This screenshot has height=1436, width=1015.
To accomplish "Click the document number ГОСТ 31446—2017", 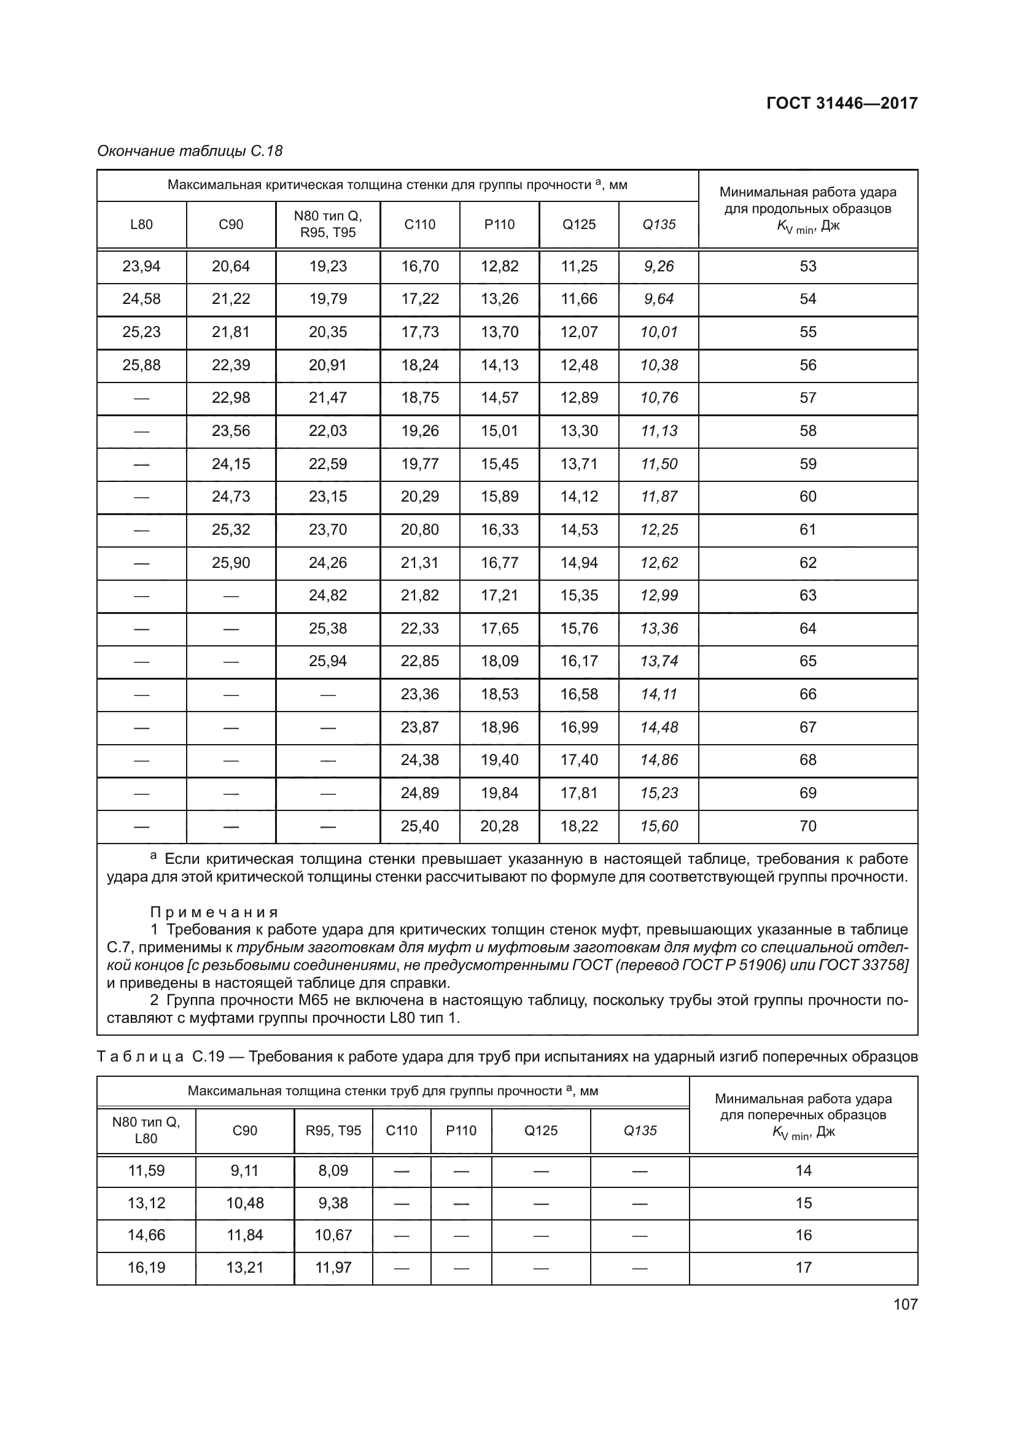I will [842, 103].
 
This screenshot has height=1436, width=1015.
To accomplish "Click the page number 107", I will [905, 1304].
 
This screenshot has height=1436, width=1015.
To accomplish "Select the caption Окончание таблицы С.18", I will [190, 151].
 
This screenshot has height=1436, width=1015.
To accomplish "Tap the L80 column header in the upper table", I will [141, 225].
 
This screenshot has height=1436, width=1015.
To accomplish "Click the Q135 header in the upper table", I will [658, 225].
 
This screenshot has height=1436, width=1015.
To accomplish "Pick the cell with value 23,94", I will [141, 266].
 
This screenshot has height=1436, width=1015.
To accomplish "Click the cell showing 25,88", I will [141, 365].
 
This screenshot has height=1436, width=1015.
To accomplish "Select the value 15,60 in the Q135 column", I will [658, 826].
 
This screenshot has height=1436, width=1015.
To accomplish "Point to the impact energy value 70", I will [807, 826].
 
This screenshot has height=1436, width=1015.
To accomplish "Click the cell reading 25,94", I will [328, 661].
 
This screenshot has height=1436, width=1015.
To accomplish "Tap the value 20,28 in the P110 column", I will [499, 826].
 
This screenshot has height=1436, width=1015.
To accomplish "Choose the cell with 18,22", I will [579, 826].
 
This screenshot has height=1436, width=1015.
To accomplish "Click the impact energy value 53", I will [807, 266].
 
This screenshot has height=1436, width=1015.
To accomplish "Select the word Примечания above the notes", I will [214, 912].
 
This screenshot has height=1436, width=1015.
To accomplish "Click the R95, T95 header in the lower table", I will [333, 1130].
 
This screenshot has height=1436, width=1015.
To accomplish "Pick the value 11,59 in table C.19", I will [146, 1170].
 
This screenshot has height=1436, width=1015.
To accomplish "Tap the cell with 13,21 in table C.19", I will [244, 1267].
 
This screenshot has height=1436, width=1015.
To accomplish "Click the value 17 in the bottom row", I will [803, 1267].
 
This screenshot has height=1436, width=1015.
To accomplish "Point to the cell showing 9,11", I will [244, 1170].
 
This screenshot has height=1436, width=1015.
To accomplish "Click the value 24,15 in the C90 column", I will [231, 464].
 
